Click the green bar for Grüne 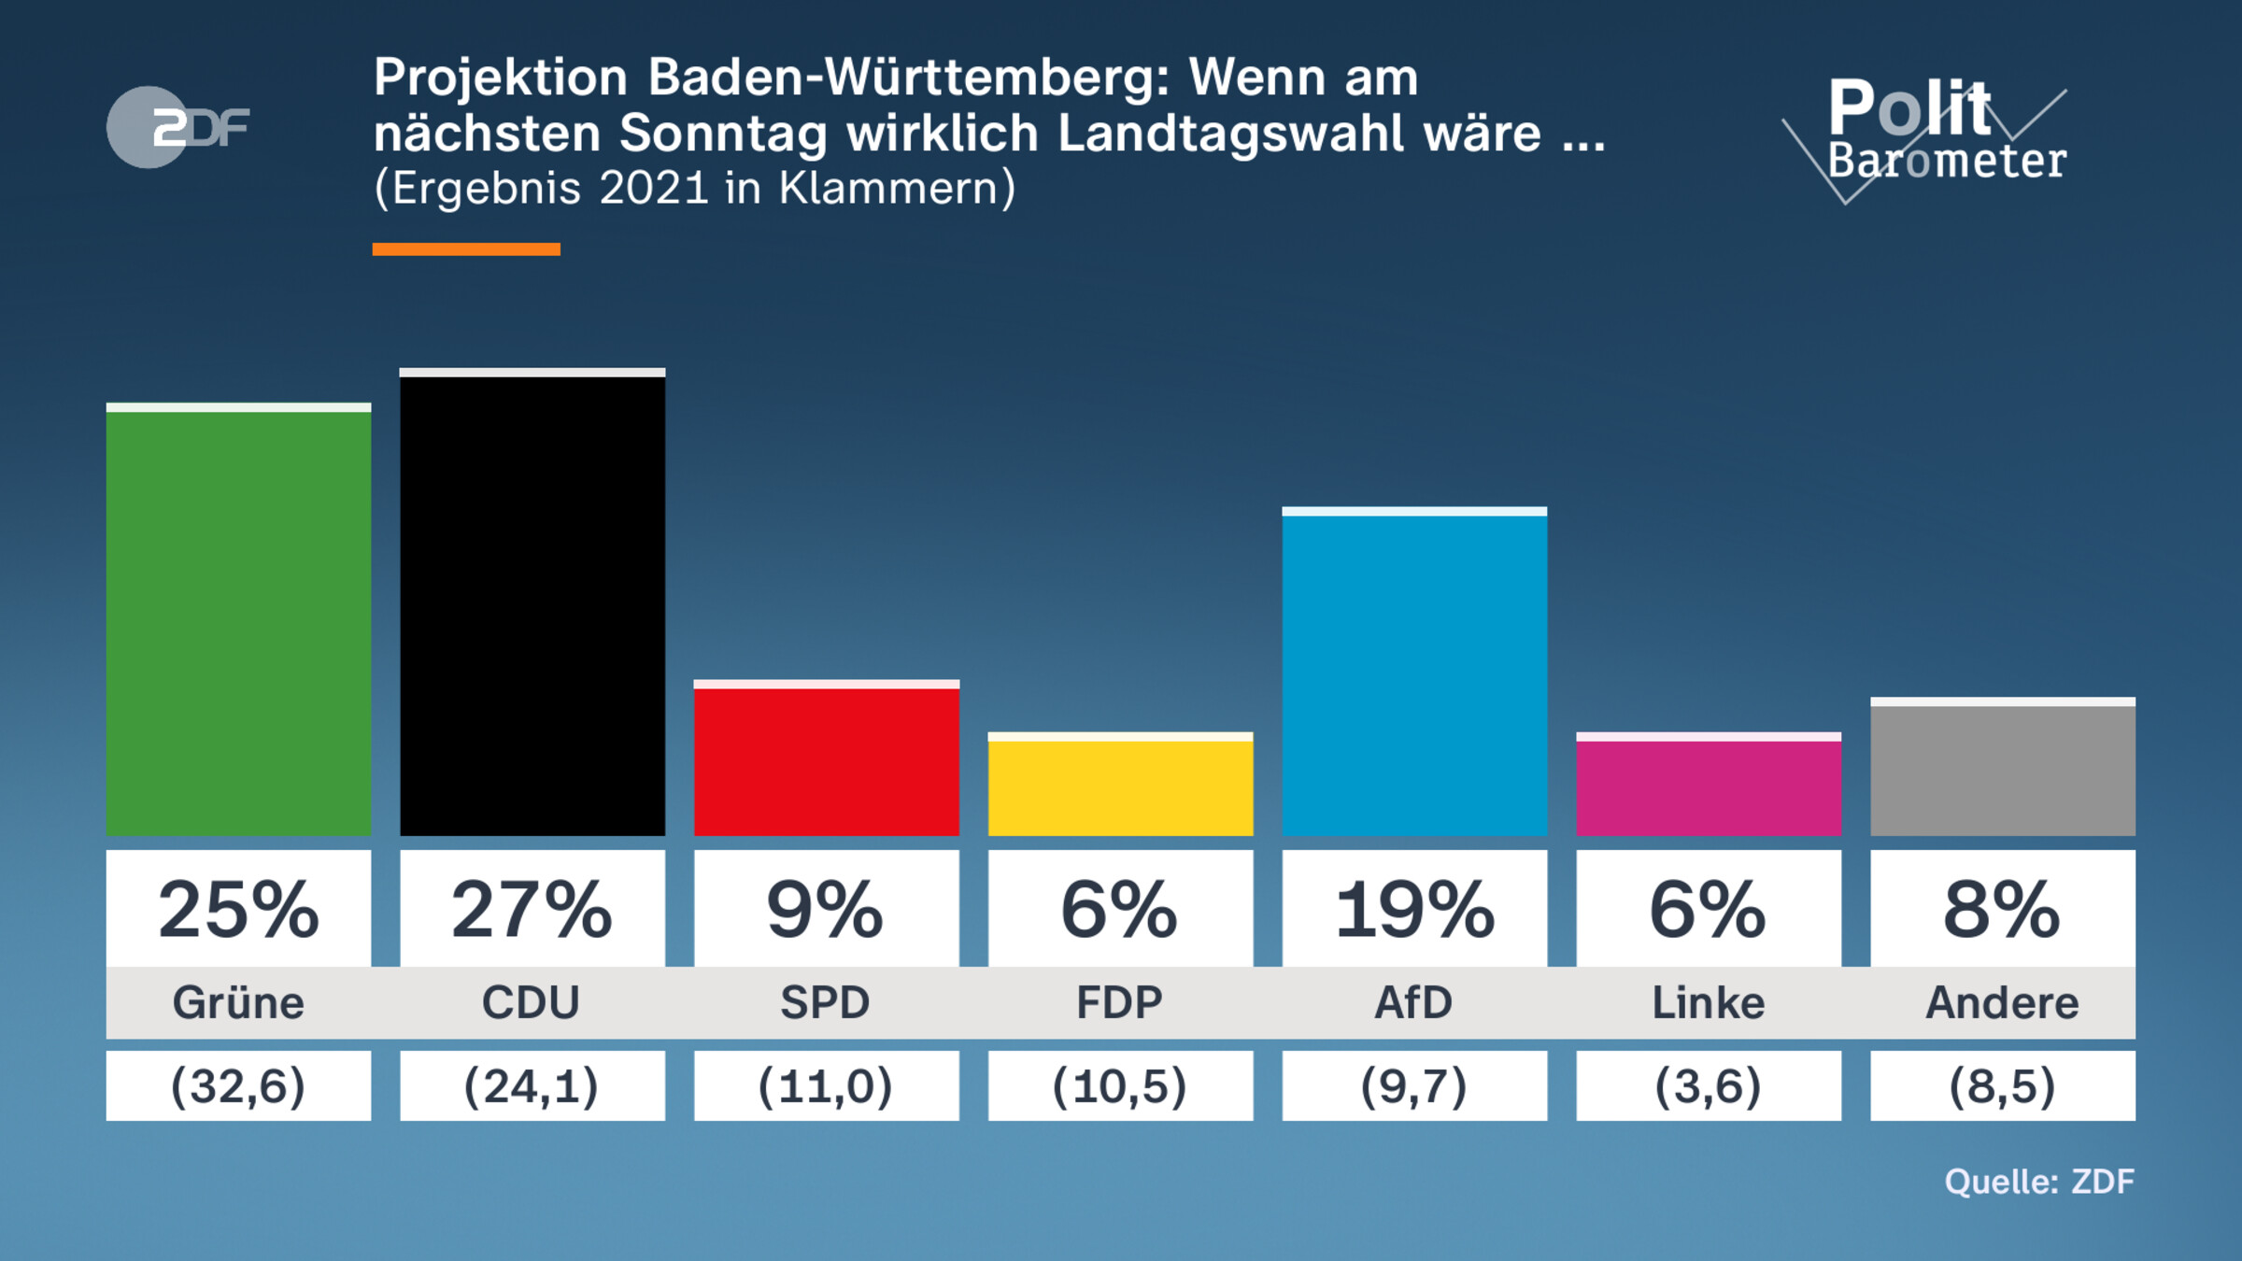click(x=238, y=621)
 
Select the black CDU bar click(x=532, y=602)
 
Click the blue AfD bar click(x=1414, y=673)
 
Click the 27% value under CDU click(x=532, y=909)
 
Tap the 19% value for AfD click(x=1414, y=909)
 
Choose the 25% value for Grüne click(x=238, y=909)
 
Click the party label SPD click(x=826, y=1002)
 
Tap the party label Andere click(x=2002, y=1002)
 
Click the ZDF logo click(x=177, y=127)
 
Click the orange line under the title click(x=466, y=249)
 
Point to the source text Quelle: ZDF click(x=2039, y=1182)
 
